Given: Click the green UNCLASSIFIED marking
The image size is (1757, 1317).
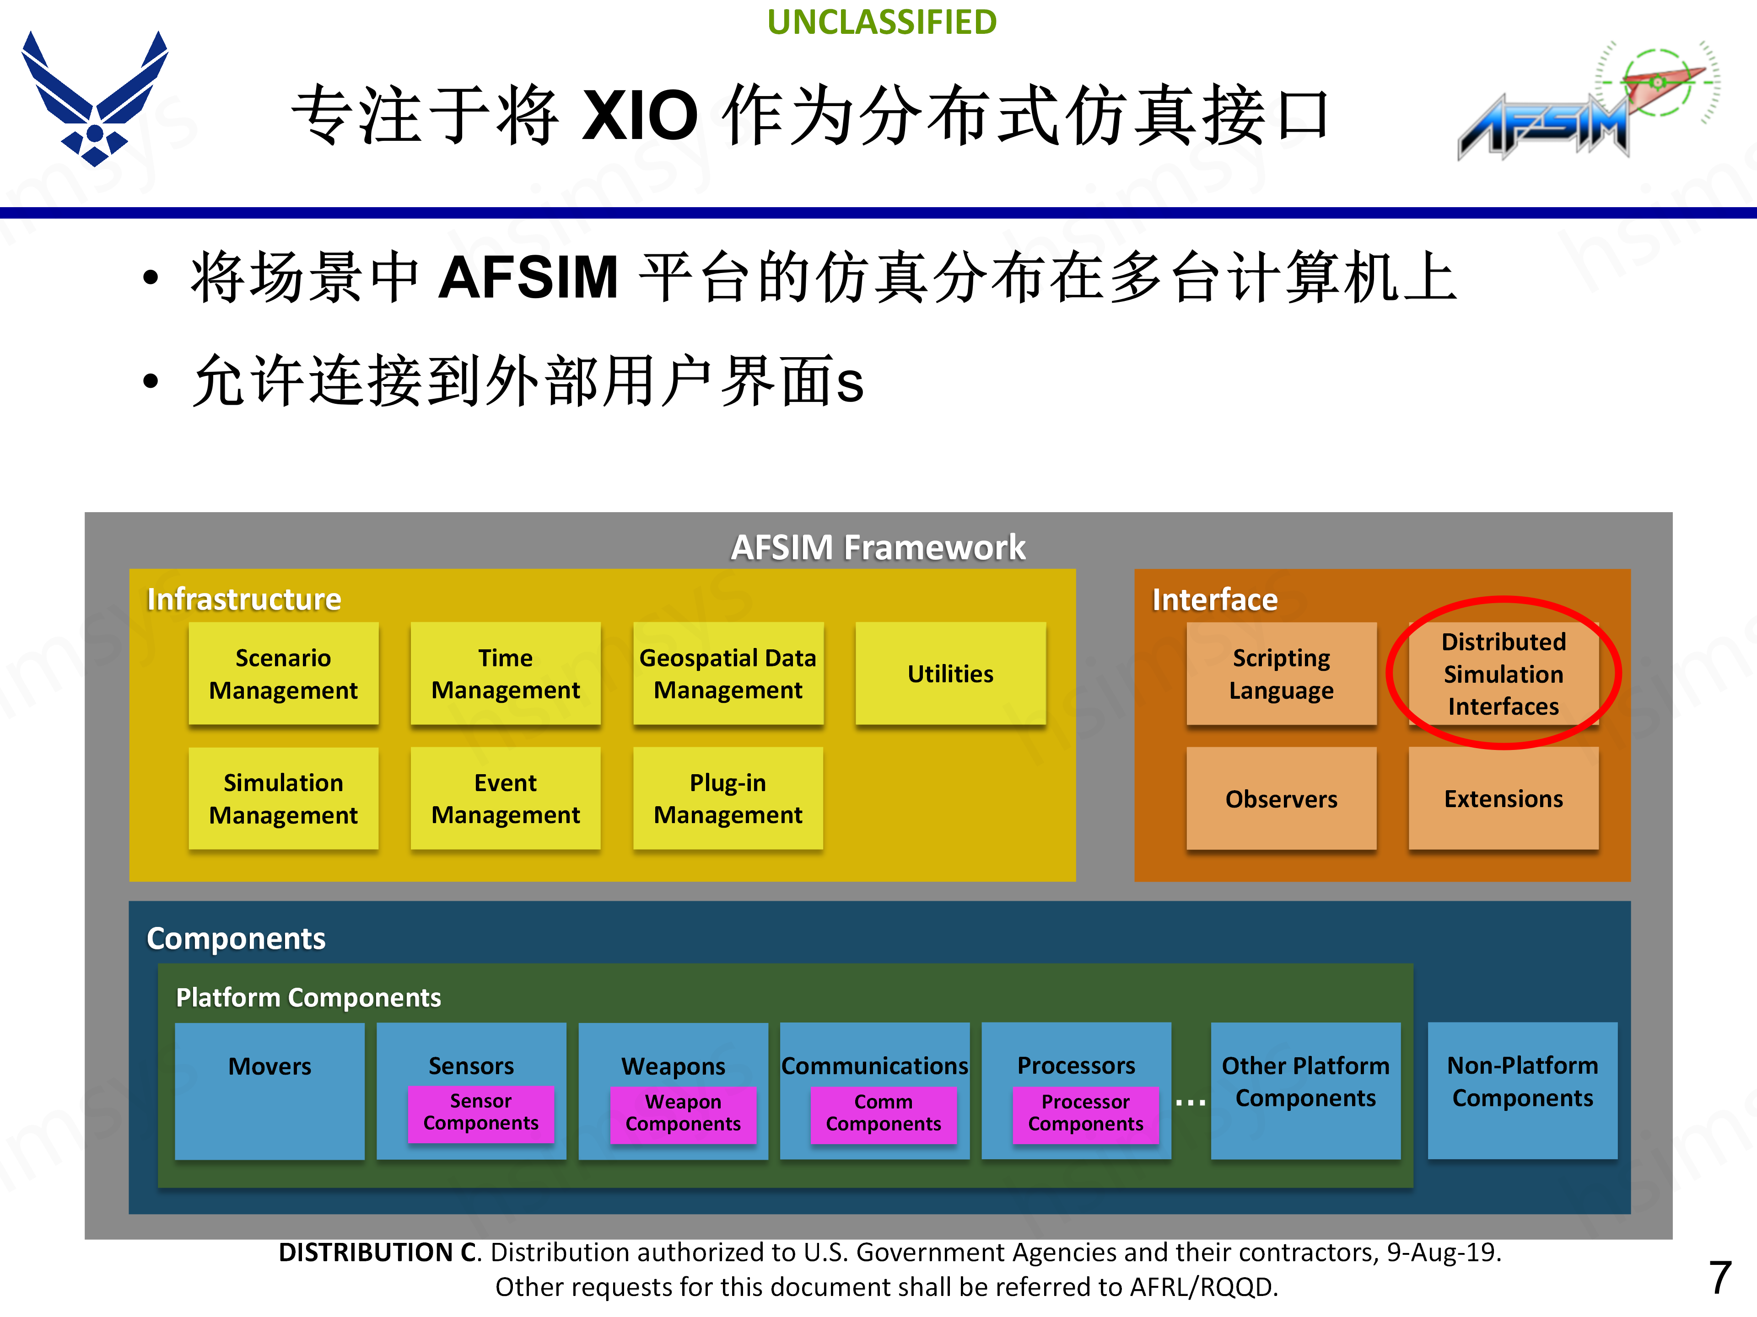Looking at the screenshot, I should (x=882, y=22).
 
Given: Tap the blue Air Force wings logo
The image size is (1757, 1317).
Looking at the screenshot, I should (x=95, y=99).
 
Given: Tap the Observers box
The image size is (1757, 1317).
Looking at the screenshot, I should (x=1281, y=798).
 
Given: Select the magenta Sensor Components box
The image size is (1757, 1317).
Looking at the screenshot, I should (x=480, y=1112).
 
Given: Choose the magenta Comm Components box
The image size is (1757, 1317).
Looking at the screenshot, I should (x=883, y=1113).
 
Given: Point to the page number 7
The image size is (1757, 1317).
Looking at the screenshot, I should (x=1719, y=1276).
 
